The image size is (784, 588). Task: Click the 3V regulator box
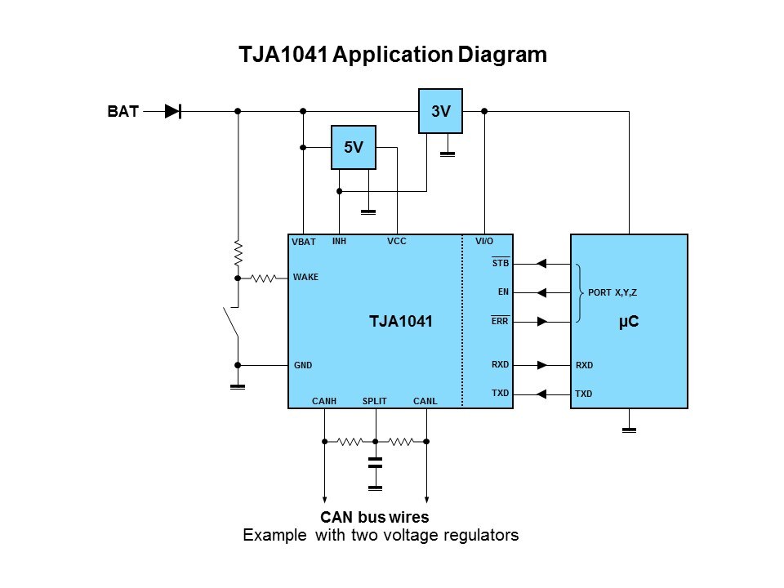[440, 111]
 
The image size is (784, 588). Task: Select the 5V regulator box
[353, 148]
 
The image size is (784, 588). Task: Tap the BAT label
[122, 112]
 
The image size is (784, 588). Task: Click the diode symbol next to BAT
[172, 112]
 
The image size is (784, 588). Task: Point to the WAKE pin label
[305, 278]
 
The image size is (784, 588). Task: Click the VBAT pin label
[304, 243]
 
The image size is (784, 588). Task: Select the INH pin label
[340, 242]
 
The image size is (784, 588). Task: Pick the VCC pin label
[396, 242]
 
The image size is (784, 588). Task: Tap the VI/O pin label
[484, 242]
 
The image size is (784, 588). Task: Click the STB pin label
[501, 264]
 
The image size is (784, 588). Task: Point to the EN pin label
[503, 292]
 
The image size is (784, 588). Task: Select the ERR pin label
[500, 321]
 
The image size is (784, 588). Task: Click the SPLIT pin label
[374, 401]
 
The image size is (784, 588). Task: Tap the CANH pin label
[324, 401]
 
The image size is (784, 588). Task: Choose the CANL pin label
[425, 401]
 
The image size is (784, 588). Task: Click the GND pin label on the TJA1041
[303, 365]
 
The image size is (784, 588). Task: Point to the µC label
[629, 322]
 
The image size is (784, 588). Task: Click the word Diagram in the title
[497, 56]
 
